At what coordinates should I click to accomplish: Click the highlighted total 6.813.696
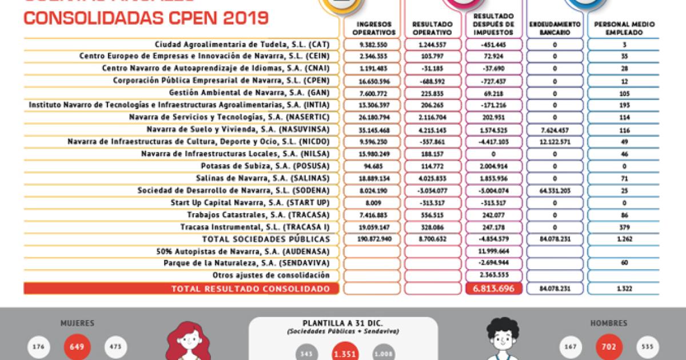point(493,289)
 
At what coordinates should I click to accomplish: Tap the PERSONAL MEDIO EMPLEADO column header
point(624,29)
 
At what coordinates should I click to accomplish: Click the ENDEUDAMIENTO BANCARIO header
point(555,29)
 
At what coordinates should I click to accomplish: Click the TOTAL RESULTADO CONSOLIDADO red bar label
point(250,289)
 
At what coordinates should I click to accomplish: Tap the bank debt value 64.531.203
point(555,190)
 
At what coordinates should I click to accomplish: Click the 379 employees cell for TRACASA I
point(624,227)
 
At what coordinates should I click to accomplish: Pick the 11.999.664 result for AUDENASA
point(493,251)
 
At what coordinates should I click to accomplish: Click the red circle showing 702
point(608,347)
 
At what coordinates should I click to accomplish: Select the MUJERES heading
point(78,323)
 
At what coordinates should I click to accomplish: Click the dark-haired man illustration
point(501,340)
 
